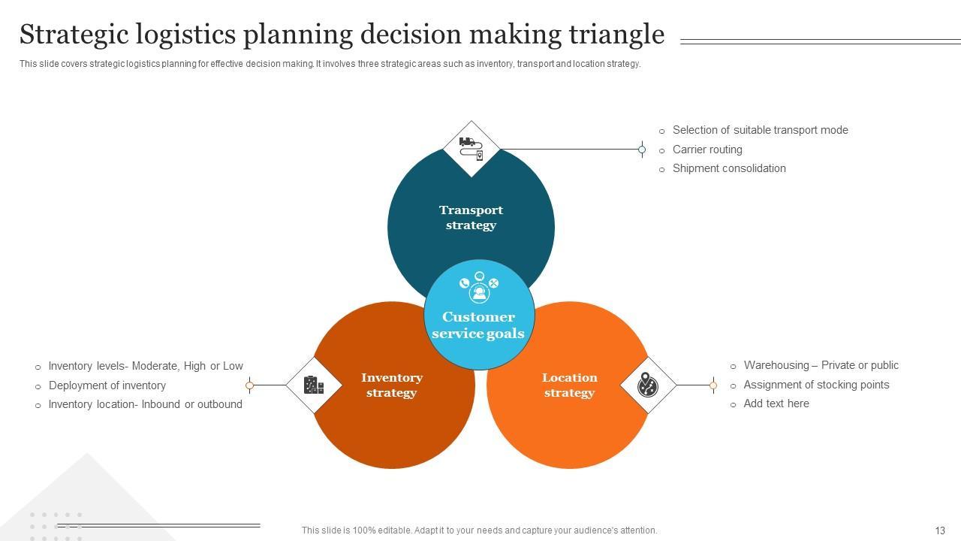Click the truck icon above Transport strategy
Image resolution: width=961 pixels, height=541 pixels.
[471, 148]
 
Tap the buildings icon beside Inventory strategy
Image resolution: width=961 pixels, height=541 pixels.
[314, 385]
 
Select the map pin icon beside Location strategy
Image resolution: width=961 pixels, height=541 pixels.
[648, 385]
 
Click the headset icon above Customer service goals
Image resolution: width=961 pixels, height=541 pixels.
[479, 290]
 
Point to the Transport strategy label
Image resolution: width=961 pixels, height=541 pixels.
[471, 218]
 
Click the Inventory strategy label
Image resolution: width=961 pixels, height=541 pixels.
[392, 385]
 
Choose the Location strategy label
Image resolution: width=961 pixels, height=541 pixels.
[569, 385]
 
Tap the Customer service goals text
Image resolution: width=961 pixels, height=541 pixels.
[478, 325]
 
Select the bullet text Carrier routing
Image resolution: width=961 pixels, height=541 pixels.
[707, 150]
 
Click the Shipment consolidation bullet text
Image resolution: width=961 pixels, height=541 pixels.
[729, 168]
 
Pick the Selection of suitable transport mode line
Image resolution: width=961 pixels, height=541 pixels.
[760, 130]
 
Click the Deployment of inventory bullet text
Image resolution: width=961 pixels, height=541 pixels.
[107, 385]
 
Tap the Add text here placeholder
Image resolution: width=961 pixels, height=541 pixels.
[776, 403]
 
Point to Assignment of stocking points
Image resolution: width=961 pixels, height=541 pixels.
[816, 385]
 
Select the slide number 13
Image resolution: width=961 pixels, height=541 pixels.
[940, 530]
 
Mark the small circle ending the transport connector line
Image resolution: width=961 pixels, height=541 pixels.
[642, 150]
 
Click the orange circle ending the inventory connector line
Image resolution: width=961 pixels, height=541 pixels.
[250, 385]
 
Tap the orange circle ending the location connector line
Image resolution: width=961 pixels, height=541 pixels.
[712, 385]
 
